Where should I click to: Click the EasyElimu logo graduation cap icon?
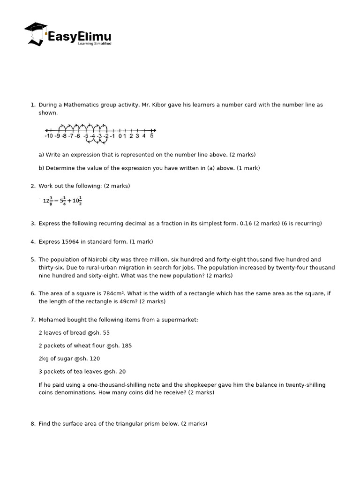click(x=36, y=33)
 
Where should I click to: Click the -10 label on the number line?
click(x=49, y=136)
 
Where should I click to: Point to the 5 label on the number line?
click(x=152, y=135)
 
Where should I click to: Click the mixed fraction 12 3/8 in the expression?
click(x=47, y=201)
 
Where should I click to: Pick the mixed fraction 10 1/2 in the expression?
click(x=77, y=201)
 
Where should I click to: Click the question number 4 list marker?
click(x=33, y=241)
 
